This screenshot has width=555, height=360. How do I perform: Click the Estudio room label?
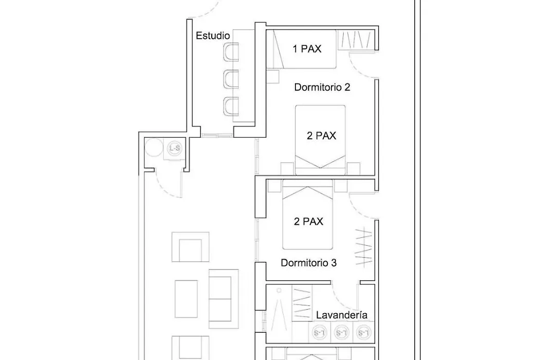point(213,36)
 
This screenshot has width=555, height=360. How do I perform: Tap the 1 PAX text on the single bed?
point(307,49)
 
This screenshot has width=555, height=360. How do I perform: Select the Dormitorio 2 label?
point(322,87)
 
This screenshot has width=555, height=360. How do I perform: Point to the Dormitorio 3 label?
point(309,263)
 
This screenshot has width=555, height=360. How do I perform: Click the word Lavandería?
point(342,315)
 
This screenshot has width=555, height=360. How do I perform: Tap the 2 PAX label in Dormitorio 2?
point(321,136)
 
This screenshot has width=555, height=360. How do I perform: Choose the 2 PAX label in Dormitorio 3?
point(309,222)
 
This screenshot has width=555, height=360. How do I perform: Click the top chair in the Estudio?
point(231,52)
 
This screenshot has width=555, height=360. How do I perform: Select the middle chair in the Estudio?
point(231,79)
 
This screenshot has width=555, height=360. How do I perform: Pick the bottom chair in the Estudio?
point(231,106)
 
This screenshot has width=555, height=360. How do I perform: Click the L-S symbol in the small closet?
point(175,148)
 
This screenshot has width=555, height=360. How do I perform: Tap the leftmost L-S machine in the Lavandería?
point(319,333)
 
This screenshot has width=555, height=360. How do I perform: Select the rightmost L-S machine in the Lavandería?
point(363,333)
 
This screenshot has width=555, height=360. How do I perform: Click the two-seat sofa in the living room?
point(224,299)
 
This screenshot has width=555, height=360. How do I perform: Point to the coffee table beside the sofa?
point(186,299)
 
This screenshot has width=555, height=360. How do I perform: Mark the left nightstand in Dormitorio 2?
point(287,169)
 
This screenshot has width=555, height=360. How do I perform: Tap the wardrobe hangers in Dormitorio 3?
point(363,246)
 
